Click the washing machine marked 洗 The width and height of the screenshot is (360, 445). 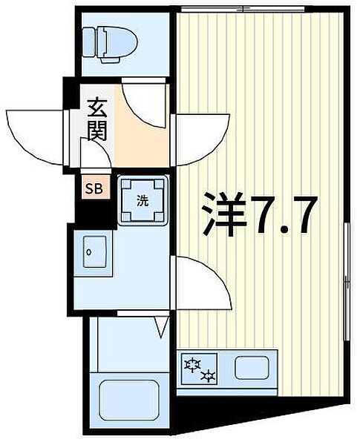(143, 200)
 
